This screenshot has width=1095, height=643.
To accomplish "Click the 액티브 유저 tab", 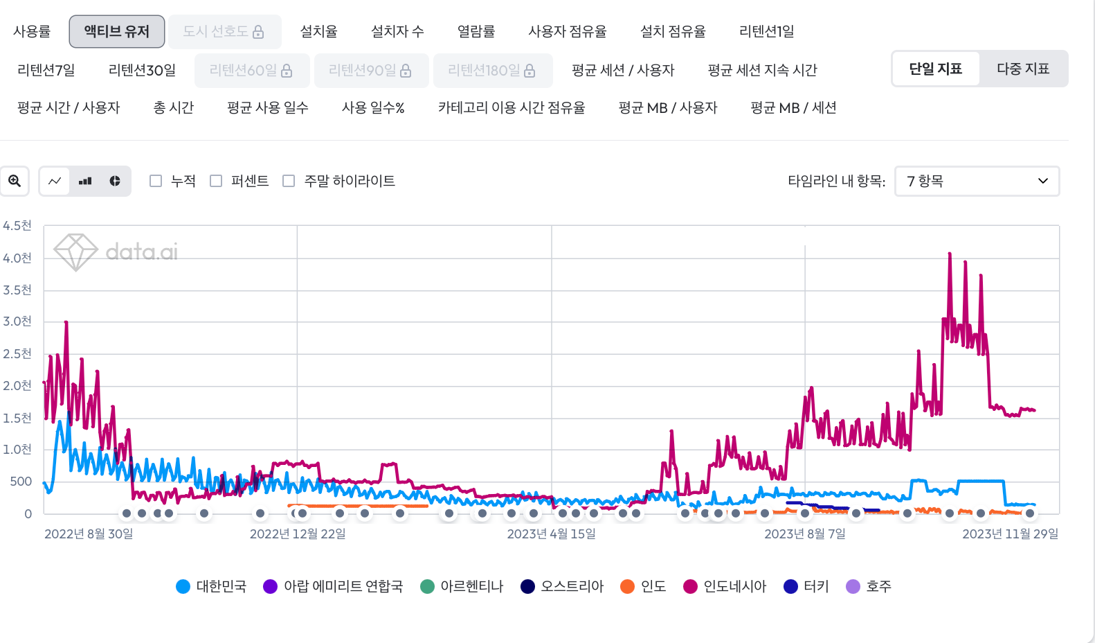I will (116, 31).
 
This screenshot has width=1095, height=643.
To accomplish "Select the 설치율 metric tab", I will (318, 31).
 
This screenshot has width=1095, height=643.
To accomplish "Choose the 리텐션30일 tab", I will (142, 70).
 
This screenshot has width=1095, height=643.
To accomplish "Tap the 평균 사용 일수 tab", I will (267, 107).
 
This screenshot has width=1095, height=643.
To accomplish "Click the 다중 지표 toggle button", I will (1022, 69).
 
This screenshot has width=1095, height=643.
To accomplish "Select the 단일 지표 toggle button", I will (935, 69).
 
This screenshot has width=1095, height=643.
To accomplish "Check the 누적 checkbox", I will (156, 181).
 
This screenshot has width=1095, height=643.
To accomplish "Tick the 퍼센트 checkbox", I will (217, 181).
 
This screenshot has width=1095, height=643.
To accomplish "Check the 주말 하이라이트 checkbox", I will (289, 181).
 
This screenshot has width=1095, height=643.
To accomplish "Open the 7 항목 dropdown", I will (977, 181).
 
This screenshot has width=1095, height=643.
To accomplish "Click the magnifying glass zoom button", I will (15, 181).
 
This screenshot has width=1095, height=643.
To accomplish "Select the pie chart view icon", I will (115, 181).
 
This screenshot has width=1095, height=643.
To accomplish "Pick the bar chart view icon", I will (85, 181).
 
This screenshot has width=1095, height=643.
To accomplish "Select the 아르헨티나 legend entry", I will (462, 586).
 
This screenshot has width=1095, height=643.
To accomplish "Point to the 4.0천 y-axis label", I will (17, 258).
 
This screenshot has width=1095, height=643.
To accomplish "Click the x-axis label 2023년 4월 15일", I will (551, 534).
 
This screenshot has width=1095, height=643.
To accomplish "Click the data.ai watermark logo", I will (116, 252).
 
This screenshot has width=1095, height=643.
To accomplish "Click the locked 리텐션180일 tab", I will (492, 70).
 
